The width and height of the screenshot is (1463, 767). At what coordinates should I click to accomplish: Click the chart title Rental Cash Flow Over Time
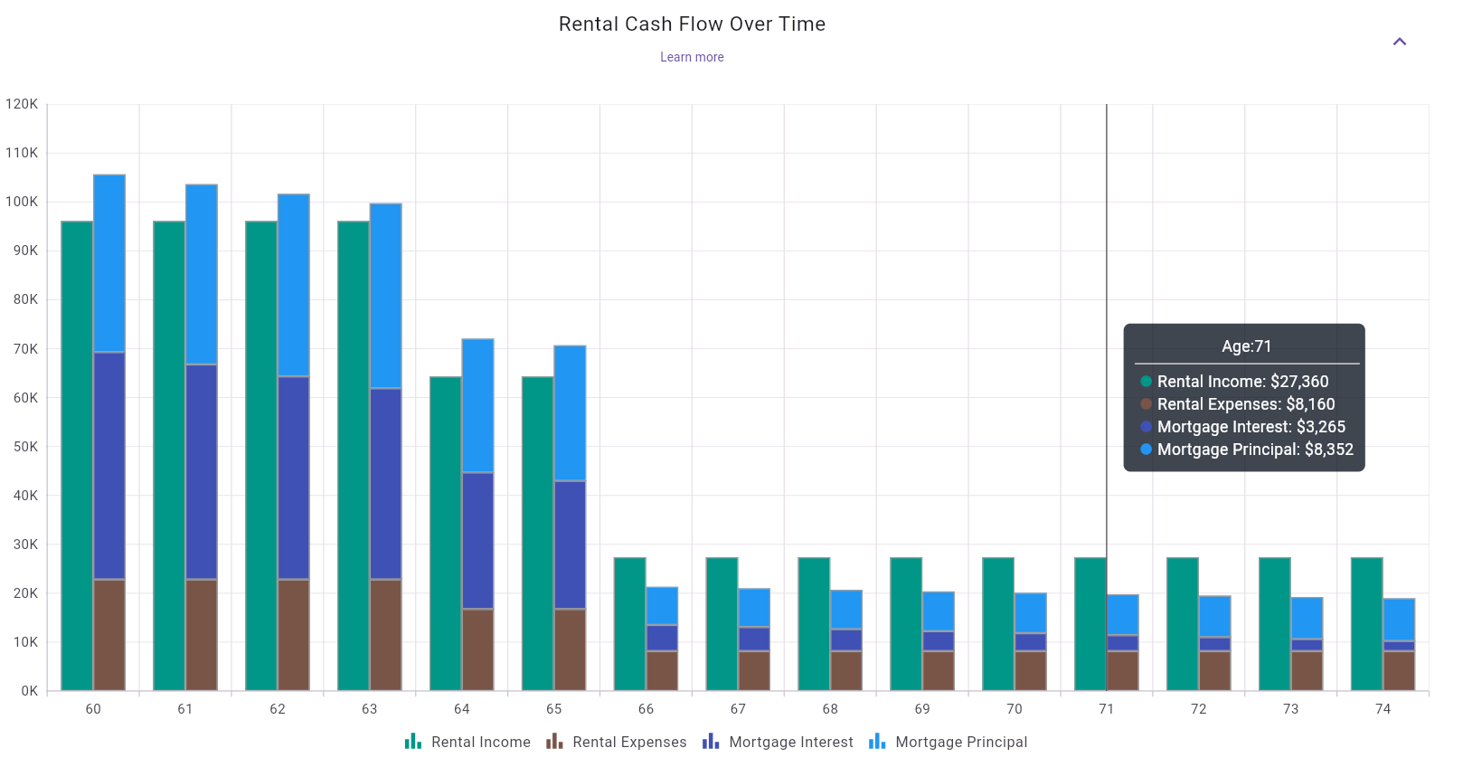692,24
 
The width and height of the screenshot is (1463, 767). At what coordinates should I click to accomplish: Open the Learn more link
692,57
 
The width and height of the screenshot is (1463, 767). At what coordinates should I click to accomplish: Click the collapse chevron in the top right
1399,42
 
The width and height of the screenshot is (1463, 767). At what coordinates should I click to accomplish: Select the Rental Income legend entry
468,742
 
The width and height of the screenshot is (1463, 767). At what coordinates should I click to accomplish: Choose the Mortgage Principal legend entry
949,742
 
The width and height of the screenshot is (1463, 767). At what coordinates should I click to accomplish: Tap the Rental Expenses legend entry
617,742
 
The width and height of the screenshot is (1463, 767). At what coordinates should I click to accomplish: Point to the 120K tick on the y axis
22,104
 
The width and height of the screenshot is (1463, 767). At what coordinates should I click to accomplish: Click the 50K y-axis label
22,447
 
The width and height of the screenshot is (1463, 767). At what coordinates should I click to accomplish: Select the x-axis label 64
462,709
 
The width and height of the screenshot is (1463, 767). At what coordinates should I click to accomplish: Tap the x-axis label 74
1383,709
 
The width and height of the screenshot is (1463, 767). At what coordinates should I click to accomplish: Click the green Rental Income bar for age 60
77,452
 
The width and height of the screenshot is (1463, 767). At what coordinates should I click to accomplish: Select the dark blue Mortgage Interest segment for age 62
293,478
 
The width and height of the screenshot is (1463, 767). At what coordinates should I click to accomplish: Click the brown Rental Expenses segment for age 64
477,649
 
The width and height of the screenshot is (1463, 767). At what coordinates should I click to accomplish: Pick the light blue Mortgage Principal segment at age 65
570,412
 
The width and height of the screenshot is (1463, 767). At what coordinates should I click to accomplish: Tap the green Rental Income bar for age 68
814,624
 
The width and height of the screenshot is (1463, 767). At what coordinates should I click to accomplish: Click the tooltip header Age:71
1246,346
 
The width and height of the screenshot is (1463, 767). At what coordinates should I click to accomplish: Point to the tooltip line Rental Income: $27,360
1241,382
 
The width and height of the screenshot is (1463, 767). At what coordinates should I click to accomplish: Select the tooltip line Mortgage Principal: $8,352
1254,450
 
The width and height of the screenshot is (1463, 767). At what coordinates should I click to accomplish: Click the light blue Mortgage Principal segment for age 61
201,274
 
